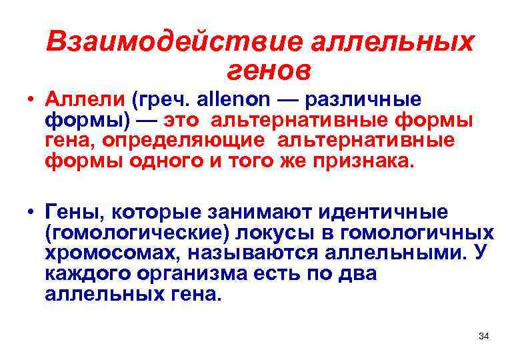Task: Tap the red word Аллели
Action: tap(85, 101)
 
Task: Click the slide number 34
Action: tap(484, 336)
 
